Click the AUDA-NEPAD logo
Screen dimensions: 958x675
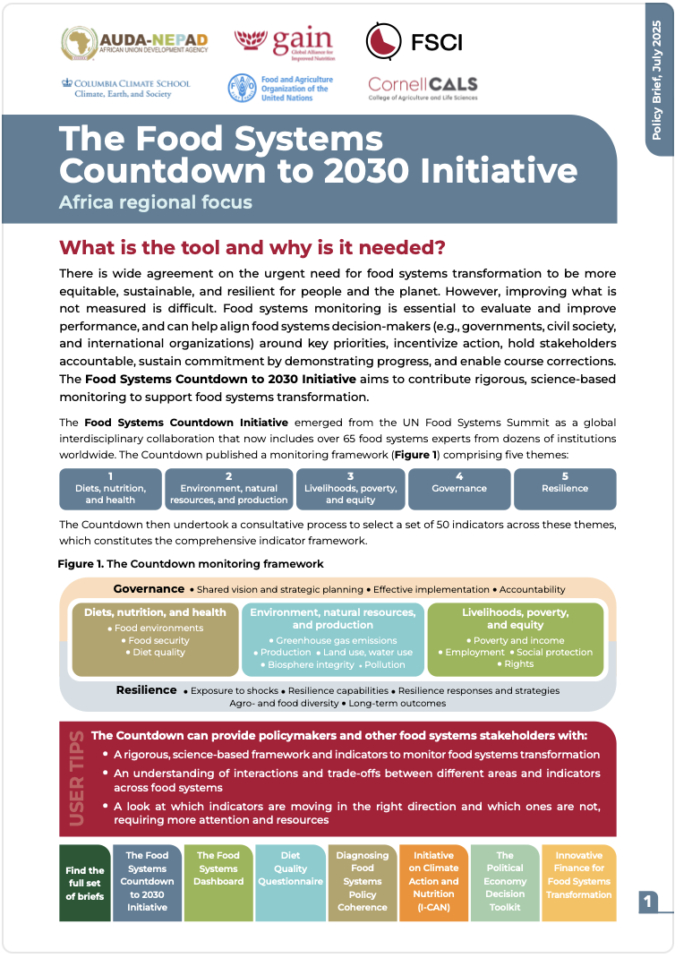(x=134, y=41)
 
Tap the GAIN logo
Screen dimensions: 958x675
(x=283, y=41)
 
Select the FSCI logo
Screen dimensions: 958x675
(x=414, y=41)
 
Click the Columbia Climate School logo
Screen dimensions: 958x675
(x=125, y=88)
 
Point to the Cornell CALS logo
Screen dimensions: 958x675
(x=423, y=87)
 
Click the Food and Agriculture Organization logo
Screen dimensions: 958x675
(x=280, y=88)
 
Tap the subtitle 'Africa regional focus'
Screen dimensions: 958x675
(x=155, y=201)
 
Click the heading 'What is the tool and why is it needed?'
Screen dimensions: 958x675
(x=252, y=247)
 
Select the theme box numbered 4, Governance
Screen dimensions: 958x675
(x=459, y=489)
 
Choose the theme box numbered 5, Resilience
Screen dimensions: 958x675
(x=565, y=489)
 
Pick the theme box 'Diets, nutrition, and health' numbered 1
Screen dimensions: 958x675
(x=110, y=489)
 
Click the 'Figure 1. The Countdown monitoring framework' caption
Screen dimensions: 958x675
(x=190, y=564)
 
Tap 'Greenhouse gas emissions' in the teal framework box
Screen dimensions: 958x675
(x=336, y=640)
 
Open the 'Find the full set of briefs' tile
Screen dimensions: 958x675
(x=85, y=883)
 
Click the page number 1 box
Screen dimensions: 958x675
(x=648, y=902)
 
